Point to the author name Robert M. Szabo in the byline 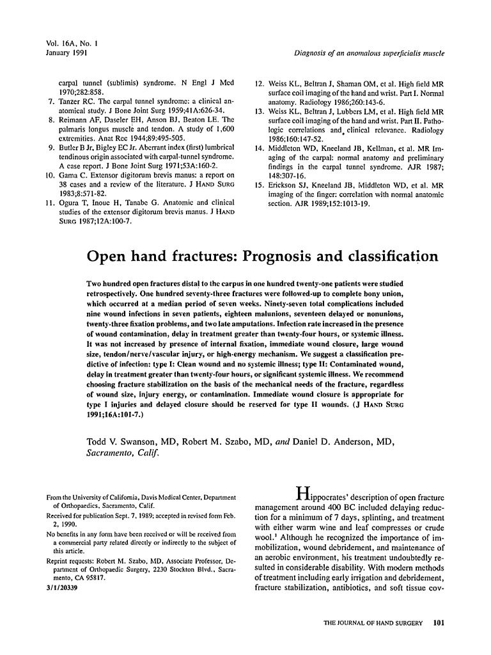(x=216, y=443)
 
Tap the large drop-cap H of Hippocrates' (x=302, y=493)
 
